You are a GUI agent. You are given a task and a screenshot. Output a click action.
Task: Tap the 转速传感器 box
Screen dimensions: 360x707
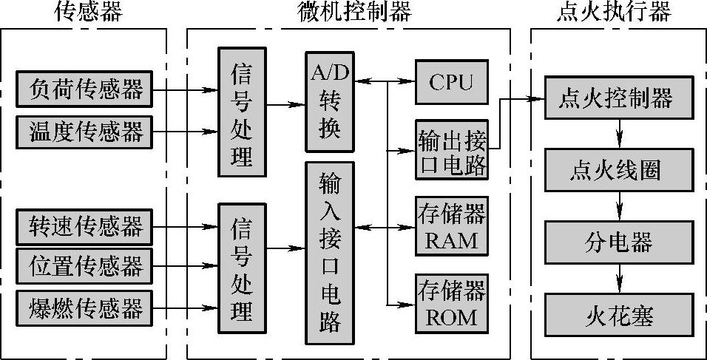85,225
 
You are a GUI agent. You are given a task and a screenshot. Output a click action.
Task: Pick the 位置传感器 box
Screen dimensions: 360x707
85,264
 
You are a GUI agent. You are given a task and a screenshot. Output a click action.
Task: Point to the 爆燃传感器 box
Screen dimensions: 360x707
85,308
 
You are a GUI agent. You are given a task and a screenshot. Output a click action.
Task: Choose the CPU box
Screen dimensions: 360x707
451,81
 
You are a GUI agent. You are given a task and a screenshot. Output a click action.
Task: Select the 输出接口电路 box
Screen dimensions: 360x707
451,149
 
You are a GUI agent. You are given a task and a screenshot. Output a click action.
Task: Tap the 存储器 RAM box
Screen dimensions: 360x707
451,227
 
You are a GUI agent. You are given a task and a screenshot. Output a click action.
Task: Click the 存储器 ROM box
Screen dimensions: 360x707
451,304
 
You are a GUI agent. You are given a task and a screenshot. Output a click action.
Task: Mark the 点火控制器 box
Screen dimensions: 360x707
619,97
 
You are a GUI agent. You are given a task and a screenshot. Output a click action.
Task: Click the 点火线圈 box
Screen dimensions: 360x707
619,170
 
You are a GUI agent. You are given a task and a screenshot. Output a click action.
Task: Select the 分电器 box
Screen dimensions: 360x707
619,242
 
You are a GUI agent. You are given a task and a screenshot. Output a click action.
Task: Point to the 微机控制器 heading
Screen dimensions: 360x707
354,12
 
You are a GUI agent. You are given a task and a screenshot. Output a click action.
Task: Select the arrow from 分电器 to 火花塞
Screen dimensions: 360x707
620,278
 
